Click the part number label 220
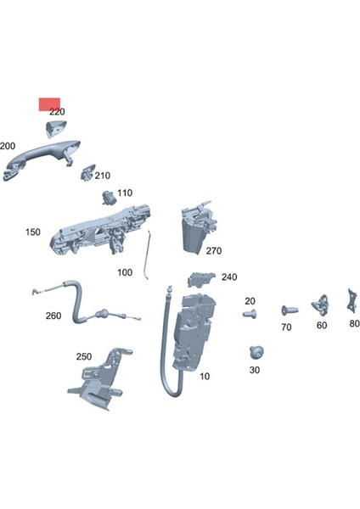[x=57, y=112]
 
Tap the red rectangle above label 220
[x=49, y=103]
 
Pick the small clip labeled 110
[x=108, y=198]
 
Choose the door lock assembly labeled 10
[x=194, y=331]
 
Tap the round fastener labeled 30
[x=254, y=351]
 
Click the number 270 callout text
[x=212, y=251]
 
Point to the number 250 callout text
[x=83, y=356]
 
